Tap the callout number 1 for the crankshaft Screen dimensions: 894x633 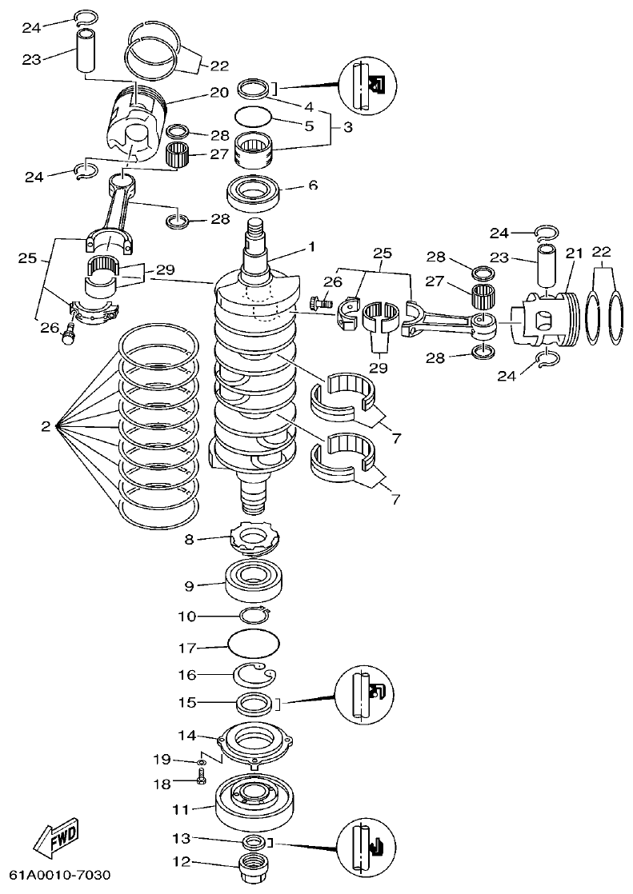point(311,248)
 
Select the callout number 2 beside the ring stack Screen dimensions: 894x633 point(46,427)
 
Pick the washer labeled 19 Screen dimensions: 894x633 point(200,762)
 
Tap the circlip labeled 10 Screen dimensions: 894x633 point(254,615)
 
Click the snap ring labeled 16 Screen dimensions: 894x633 point(254,675)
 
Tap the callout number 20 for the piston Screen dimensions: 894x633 point(219,93)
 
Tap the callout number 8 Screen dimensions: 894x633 point(189,540)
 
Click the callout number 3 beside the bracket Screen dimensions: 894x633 point(347,127)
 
